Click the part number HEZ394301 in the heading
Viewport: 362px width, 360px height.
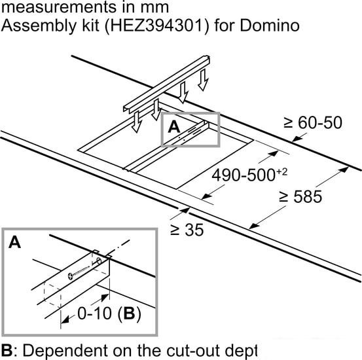[x=156, y=25]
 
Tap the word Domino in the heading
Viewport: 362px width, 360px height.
[x=270, y=25]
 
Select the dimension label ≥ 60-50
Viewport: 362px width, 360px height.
[x=313, y=122]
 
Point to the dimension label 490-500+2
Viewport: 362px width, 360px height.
[x=249, y=175]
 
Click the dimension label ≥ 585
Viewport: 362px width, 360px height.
[x=300, y=196]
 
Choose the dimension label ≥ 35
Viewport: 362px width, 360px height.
[x=187, y=230]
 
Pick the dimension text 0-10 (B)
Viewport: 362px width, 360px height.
[x=109, y=314]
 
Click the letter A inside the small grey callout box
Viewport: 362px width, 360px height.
[x=174, y=127]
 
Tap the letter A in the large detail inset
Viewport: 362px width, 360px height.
[x=14, y=242]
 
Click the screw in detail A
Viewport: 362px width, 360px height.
[x=79, y=272]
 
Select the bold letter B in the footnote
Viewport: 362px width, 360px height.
[x=7, y=350]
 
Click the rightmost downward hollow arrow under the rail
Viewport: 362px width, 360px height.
[x=203, y=80]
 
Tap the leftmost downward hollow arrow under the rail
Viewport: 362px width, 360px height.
[x=137, y=122]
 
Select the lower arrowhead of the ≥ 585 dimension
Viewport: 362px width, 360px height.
[x=254, y=226]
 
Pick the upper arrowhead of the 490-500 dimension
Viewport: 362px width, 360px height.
[x=274, y=153]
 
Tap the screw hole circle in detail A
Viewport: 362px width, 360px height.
[x=100, y=261]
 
